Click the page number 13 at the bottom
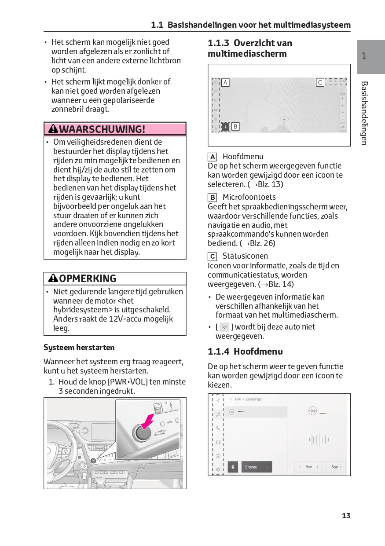pos(346,516)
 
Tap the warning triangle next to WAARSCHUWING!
pos(53,129)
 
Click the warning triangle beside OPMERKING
pos(53,278)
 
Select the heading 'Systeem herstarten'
pos(79,348)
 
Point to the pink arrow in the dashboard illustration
pos(147,420)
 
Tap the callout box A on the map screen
pos(225,82)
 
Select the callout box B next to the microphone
pos(235,127)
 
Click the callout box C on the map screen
pos(320,82)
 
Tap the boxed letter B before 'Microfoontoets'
pos(213,198)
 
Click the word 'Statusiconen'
pos(245,256)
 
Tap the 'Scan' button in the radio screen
pos(336,467)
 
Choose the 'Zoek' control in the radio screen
pos(308,467)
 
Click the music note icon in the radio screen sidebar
pos(218,414)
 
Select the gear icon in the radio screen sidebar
pos(218,469)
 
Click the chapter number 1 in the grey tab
pos(364,56)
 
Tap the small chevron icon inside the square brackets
pos(224,327)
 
